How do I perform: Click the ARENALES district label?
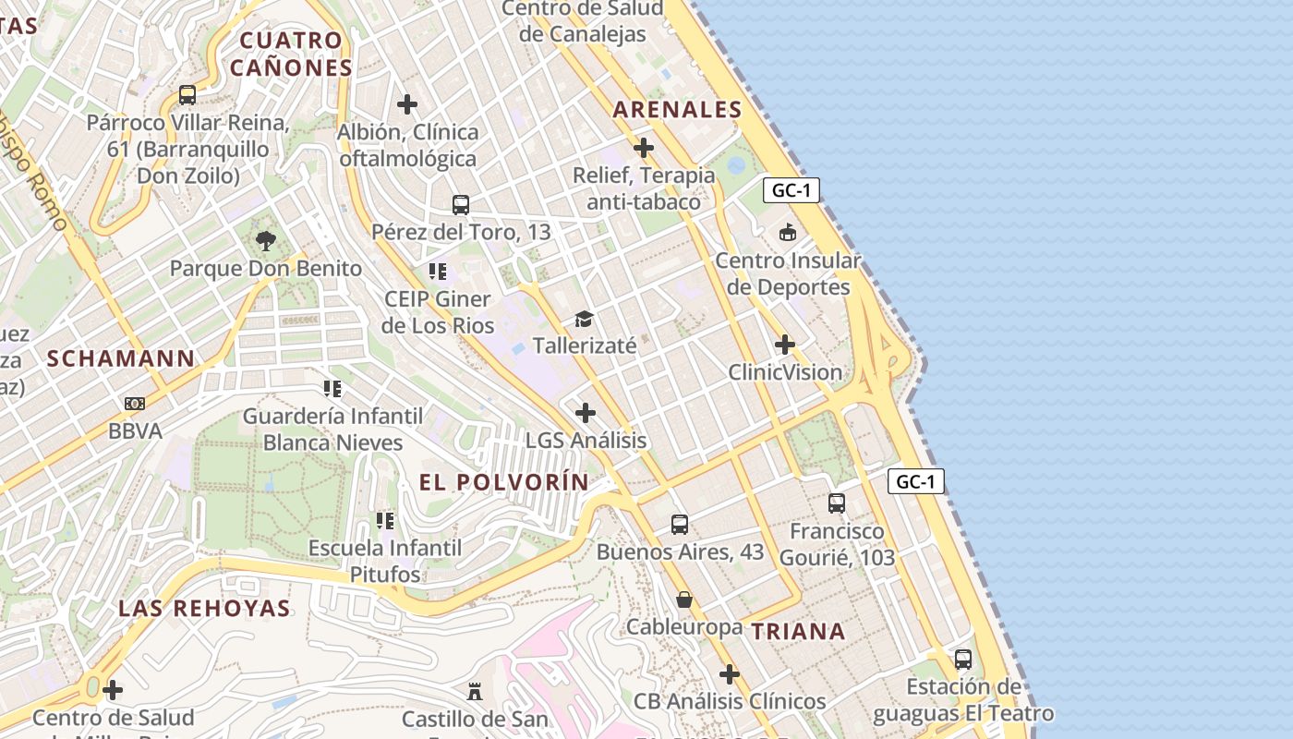coord(677,109)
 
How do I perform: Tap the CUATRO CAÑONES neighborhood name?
coord(291,54)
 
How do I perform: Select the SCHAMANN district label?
coord(121,358)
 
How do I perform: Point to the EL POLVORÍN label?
coord(503,481)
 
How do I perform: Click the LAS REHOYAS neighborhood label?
coord(204,608)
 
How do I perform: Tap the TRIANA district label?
coord(797,631)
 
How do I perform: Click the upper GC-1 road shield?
coord(792,190)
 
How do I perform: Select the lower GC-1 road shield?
coord(916,481)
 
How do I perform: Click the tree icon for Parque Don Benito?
coord(266,241)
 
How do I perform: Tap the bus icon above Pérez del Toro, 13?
coord(460,204)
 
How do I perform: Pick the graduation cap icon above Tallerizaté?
coord(584,319)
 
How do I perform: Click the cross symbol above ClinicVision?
coord(784,345)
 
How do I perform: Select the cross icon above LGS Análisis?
coord(585,413)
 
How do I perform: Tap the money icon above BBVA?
coord(135,404)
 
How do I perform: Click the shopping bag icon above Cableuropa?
coord(683,600)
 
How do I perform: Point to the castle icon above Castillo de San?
coord(475,690)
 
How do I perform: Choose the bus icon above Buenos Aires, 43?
coord(680,524)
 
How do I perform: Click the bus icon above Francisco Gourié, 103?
coord(837,503)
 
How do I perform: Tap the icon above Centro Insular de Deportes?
coord(788,233)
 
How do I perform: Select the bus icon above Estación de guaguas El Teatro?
coord(963,659)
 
